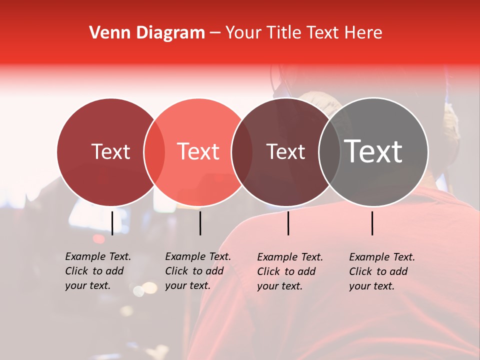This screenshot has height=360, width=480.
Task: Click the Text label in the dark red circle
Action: click(110, 151)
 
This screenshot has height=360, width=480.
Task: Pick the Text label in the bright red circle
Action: click(198, 151)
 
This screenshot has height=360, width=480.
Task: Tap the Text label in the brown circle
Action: click(285, 151)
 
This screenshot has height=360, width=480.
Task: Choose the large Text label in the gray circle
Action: click(373, 151)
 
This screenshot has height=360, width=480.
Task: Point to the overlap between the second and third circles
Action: click(242, 151)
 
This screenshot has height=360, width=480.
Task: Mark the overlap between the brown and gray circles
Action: click(329, 151)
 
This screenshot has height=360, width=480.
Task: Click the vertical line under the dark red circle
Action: click(112, 223)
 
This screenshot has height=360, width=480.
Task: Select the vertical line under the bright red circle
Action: click(200, 223)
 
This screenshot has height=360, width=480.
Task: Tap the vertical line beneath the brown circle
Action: click(288, 223)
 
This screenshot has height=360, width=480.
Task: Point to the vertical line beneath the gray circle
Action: click(372, 223)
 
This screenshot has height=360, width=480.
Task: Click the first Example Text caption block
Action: click(97, 271)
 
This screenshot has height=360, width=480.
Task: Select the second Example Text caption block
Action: click(197, 271)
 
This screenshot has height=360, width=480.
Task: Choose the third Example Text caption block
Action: click(289, 271)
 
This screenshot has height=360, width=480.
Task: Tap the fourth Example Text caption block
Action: click(381, 271)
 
